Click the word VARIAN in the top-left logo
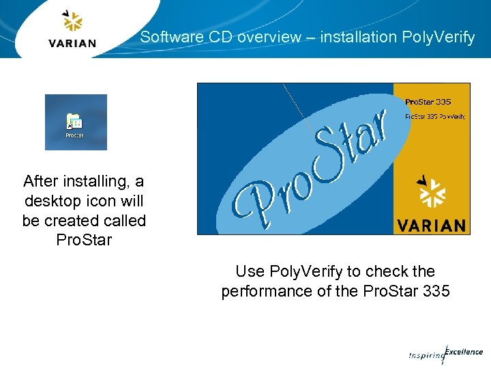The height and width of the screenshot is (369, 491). point(72,43)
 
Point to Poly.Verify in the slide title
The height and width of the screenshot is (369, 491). point(440,38)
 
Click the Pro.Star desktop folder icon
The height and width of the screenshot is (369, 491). point(74,122)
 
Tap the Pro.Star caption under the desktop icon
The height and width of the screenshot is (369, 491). point(74,135)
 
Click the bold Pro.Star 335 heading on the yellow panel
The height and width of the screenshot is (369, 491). point(428,102)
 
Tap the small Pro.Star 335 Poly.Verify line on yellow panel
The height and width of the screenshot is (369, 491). point(434,116)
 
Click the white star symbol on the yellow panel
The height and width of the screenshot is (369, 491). point(431,192)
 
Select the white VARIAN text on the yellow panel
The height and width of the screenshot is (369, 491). point(430,225)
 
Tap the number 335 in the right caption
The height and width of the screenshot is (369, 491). point(435,291)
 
